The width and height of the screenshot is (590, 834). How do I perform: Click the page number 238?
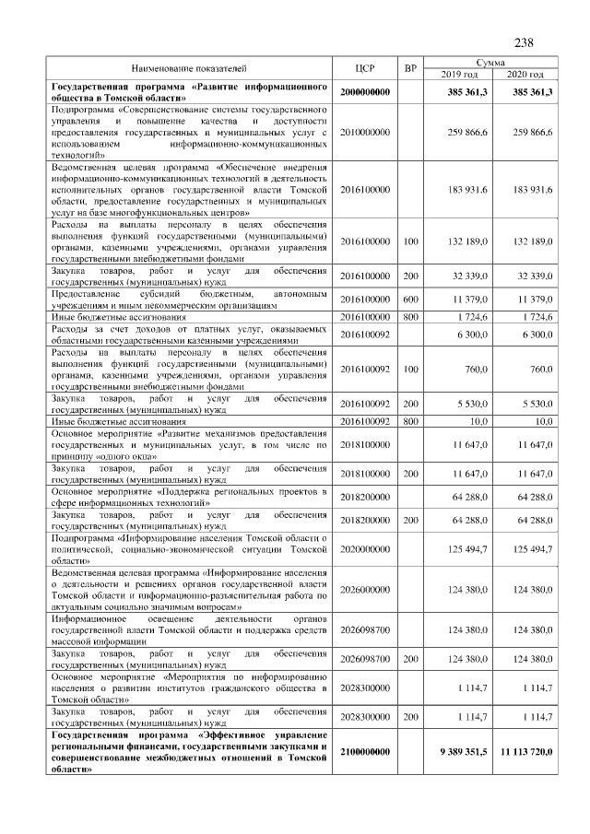[524, 41]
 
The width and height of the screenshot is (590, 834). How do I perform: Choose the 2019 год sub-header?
[459, 75]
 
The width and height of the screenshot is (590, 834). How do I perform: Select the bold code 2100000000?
[365, 752]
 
